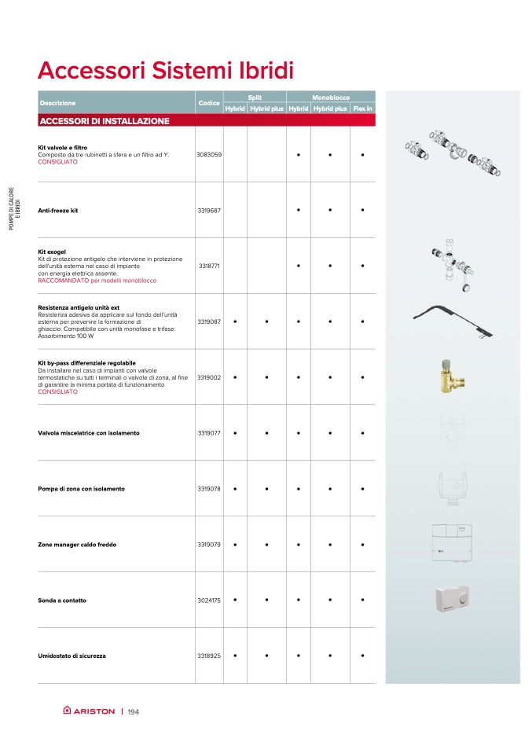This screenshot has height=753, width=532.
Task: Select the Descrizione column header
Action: click(57, 103)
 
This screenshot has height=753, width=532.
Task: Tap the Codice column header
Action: click(209, 103)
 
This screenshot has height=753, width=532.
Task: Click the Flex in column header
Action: click(362, 108)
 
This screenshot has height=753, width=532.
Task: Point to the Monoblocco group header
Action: click(331, 96)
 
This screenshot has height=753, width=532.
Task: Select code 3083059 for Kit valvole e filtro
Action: click(209, 155)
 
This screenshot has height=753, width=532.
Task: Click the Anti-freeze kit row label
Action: click(58, 211)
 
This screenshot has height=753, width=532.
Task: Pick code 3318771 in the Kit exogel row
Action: click(209, 266)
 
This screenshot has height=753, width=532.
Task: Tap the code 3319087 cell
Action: click(209, 321)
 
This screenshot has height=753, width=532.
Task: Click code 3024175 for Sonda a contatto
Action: click(209, 601)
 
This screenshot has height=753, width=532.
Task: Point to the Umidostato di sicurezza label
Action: click(72, 656)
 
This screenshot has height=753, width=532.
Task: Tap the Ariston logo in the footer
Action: click(89, 711)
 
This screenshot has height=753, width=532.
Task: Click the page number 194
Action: click(133, 712)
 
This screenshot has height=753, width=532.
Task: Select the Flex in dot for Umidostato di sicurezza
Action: click(362, 656)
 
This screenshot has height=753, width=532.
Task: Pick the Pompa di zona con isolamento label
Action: click(81, 489)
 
